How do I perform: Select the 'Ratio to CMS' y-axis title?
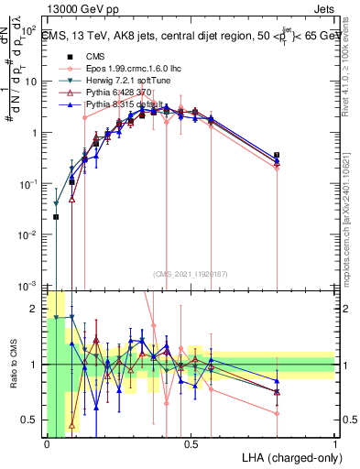[x=12, y=364]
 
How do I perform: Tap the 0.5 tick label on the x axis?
[x=191, y=443]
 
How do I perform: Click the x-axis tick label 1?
[x=334, y=443]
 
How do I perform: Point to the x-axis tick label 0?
[x=47, y=443]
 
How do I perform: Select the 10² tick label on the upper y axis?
[x=29, y=30]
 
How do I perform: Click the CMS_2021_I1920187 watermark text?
[x=190, y=273]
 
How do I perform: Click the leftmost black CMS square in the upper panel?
[x=57, y=217]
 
